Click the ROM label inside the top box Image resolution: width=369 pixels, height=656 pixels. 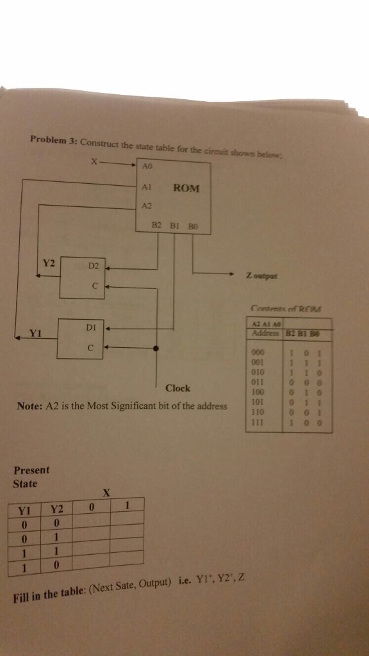pos(186,188)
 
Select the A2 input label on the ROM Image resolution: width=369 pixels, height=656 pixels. pos(146,205)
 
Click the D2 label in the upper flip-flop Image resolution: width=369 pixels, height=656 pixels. pos(93,265)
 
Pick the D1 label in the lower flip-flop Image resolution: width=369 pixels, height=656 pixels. pos(90,327)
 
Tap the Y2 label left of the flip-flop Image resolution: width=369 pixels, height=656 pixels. pos(49,263)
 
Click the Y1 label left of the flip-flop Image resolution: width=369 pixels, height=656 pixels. pos(35,333)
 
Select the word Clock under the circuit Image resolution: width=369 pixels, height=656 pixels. pos(177,388)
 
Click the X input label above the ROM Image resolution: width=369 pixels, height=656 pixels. pos(94,162)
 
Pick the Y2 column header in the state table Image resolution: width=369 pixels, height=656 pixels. pos(58,509)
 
